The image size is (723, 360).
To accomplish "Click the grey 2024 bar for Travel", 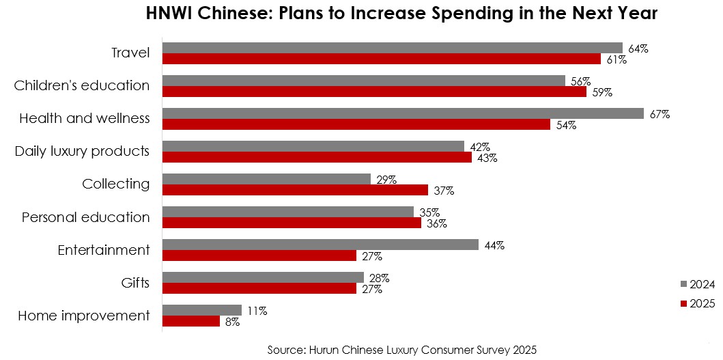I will click(x=392, y=48).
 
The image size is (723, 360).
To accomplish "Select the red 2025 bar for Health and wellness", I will click(x=356, y=125).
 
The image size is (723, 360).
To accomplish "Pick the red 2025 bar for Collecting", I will click(x=294, y=190).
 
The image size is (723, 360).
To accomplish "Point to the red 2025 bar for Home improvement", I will click(x=190, y=321).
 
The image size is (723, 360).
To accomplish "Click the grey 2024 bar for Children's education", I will click(x=363, y=81).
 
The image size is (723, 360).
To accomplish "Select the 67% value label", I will click(x=660, y=114).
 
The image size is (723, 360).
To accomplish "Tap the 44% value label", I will click(x=494, y=245).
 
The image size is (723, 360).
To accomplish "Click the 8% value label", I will click(x=232, y=322).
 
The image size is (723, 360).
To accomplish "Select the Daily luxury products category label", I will click(x=82, y=151).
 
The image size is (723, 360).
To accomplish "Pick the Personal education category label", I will click(x=85, y=217).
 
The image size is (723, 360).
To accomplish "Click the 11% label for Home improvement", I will click(x=256, y=311).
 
